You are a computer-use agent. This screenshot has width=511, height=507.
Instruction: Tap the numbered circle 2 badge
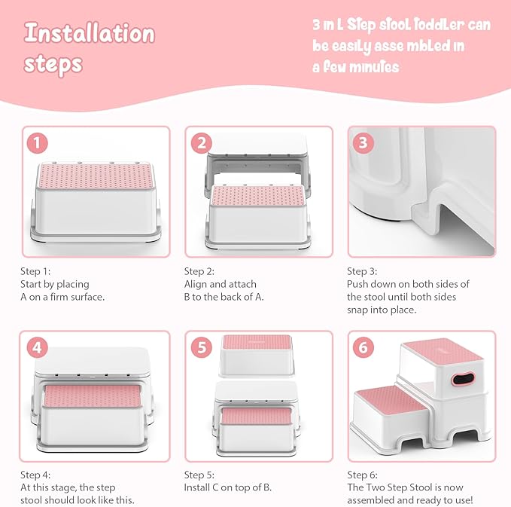click(x=201, y=142)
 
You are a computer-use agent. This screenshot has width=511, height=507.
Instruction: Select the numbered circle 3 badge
click(x=363, y=142)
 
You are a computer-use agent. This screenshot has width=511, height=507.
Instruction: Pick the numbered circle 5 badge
click(x=201, y=347)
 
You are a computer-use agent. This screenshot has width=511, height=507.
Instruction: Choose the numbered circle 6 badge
click(x=363, y=347)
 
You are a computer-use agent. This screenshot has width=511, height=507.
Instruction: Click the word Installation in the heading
click(x=89, y=34)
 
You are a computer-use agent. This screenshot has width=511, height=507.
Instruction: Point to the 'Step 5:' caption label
click(x=199, y=475)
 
